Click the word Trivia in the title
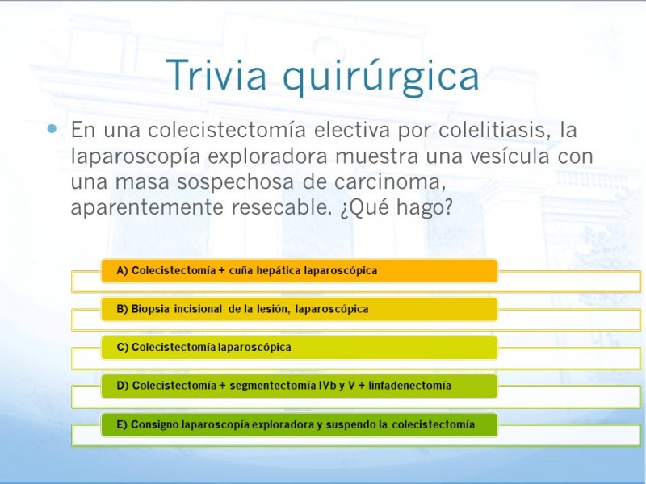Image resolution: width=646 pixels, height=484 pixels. pyautogui.click(x=216, y=74)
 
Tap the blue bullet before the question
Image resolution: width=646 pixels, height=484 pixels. pyautogui.click(x=52, y=129)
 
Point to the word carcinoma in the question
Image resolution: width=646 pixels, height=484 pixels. pyautogui.click(x=390, y=182)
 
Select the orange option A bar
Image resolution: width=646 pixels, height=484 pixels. pyautogui.click(x=299, y=271)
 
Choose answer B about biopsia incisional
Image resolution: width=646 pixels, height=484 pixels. pyautogui.click(x=299, y=309)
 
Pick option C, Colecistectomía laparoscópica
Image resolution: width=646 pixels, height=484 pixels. pyautogui.click(x=299, y=348)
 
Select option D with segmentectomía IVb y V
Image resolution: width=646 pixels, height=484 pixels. pyautogui.click(x=299, y=386)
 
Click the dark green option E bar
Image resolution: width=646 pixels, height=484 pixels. pyautogui.click(x=299, y=424)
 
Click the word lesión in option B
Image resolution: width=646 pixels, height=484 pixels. pyautogui.click(x=272, y=309)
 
